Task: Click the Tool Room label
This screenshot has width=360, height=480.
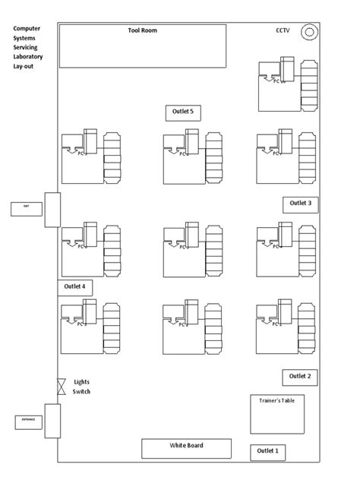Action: [142, 30]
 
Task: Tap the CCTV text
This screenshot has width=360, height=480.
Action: [283, 30]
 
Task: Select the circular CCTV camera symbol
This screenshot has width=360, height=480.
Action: [308, 32]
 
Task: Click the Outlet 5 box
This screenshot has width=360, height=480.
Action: [183, 112]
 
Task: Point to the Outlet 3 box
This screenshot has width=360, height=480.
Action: [300, 204]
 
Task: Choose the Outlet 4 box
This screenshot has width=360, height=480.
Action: [75, 287]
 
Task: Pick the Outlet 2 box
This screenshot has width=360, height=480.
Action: [300, 376]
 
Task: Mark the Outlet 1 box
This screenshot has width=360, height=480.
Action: [267, 452]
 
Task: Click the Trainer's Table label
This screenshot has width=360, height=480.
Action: [277, 400]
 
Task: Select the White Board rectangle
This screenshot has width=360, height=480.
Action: [186, 448]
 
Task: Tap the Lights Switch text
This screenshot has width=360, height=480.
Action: [82, 387]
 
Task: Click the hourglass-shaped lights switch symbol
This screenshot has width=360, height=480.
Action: [62, 387]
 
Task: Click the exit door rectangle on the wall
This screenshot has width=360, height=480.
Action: [52, 209]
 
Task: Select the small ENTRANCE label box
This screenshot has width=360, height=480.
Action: [27, 421]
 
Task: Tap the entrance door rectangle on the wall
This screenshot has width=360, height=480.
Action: [52, 421]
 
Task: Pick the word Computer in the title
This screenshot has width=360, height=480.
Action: [27, 28]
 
